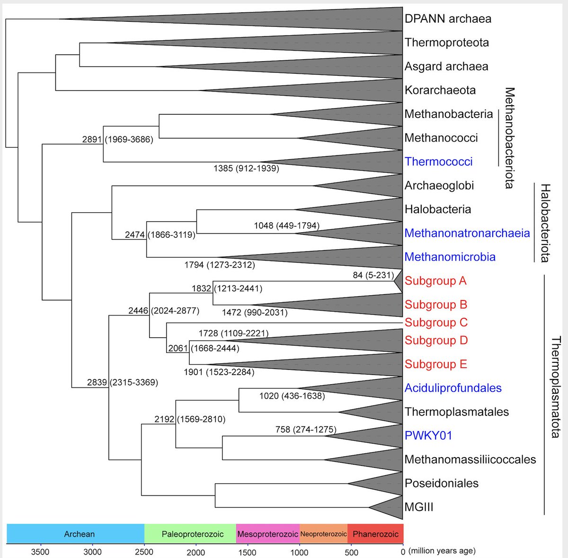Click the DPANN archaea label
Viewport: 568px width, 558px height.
tap(447, 19)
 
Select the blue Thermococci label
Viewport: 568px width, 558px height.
tap(438, 162)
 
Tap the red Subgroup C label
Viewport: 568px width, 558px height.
tap(435, 323)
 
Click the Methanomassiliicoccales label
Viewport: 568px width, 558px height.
tap(470, 459)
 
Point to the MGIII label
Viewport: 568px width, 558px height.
tap(418, 507)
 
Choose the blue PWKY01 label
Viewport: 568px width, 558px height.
tap(428, 435)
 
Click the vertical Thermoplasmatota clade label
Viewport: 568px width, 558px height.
tap(556, 387)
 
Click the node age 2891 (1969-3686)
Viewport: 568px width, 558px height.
tap(117, 139)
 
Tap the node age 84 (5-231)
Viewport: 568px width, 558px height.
tap(373, 275)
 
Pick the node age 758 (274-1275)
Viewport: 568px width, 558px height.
tap(306, 430)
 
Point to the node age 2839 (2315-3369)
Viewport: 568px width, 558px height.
tap(122, 382)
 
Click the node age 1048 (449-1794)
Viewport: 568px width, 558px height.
tap(286, 225)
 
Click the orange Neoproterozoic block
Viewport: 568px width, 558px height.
tap(323, 534)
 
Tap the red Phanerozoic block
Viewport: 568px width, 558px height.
tap(375, 534)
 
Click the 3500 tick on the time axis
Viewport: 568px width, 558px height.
tap(40, 551)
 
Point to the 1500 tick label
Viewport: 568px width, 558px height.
tap(247, 551)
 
